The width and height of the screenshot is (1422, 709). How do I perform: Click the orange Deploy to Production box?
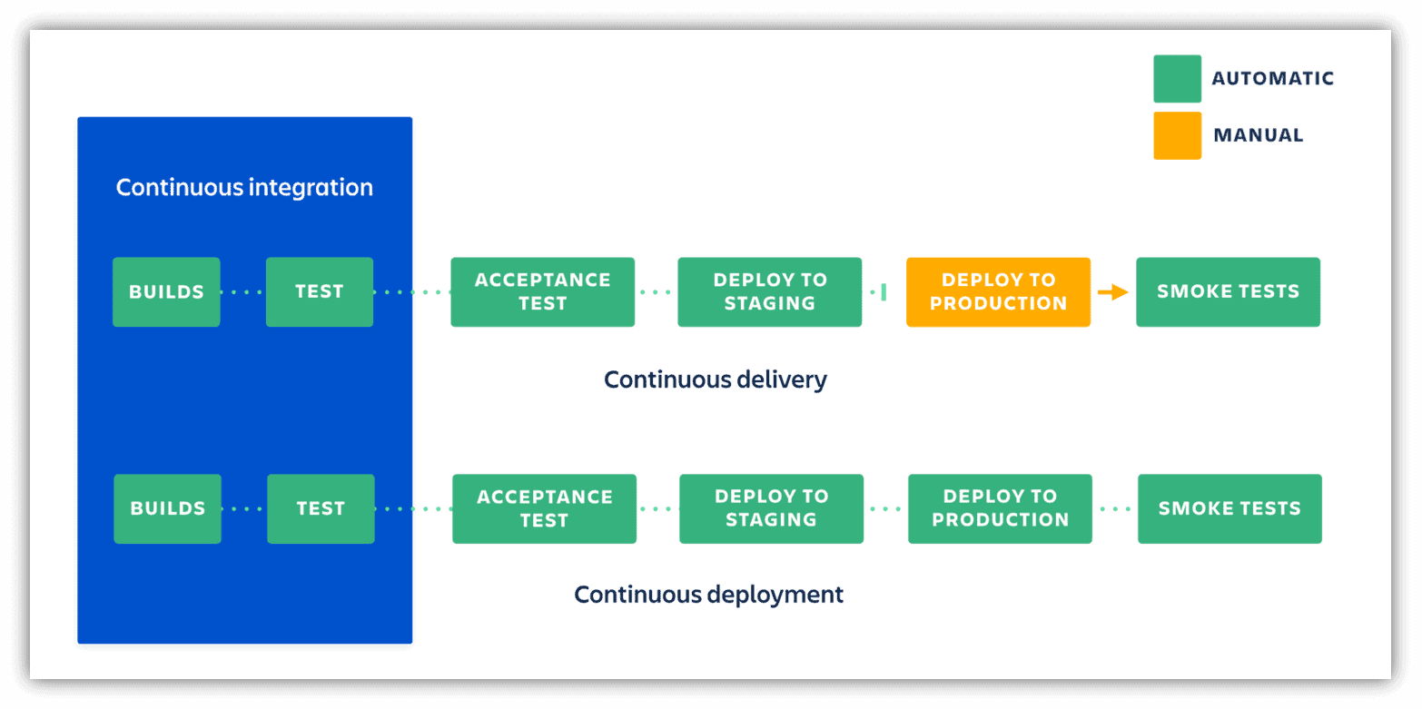point(998,291)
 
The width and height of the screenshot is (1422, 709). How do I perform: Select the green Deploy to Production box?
point(1000,508)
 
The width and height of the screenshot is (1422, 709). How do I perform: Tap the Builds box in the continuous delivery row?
point(166,291)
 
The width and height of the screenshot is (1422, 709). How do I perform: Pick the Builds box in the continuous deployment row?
point(167,508)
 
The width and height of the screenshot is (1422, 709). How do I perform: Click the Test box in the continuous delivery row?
point(320,291)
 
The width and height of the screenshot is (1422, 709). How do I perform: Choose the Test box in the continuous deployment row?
point(321,508)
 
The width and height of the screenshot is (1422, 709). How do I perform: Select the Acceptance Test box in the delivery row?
point(542,291)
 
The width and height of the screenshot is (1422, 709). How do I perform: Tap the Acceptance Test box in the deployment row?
point(544,508)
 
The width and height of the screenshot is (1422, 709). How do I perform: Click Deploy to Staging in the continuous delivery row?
point(769,291)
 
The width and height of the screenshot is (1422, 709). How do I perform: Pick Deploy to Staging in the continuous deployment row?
point(771,508)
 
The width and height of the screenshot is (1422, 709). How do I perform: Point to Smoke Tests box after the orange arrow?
point(1228,291)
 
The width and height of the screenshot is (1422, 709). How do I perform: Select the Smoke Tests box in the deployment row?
point(1229,508)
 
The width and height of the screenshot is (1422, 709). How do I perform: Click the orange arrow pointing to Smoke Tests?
point(1112,292)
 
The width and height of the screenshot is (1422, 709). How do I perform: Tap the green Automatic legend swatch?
point(1177,79)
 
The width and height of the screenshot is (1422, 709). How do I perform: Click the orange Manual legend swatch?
point(1177,135)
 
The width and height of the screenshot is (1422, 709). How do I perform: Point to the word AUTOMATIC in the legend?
point(1272,79)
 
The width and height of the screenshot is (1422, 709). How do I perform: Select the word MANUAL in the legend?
point(1258,135)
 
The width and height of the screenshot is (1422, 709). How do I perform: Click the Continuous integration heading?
point(244,188)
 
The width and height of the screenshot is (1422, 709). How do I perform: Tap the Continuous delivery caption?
point(716,379)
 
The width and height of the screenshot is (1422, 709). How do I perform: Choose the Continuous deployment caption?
point(708,595)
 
